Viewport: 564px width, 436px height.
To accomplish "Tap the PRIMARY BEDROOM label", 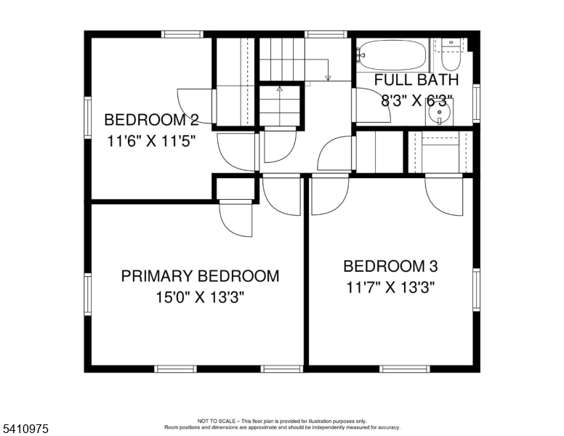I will pos(200,276).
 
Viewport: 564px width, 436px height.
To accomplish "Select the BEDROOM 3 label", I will pos(390,266).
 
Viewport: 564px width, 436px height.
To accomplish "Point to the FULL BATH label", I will pos(416,80).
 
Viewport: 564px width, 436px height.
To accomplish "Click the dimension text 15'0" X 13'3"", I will pos(200,297).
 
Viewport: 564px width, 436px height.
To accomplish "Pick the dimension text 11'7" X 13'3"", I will pos(391,287).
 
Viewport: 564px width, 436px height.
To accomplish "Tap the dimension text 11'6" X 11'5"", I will pos(151,142).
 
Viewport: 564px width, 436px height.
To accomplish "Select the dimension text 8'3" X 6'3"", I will pos(416,101).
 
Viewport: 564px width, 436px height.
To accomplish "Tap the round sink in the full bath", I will pos(440,113).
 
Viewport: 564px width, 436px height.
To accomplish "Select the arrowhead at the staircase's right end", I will pos(329,77).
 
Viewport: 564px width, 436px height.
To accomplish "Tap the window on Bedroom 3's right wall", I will pos(477,289).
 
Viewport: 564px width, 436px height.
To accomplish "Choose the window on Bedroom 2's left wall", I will pos(87,117).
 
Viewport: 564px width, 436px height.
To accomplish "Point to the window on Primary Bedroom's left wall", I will pos(87,294).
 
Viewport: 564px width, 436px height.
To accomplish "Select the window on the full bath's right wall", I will pos(477,102).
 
